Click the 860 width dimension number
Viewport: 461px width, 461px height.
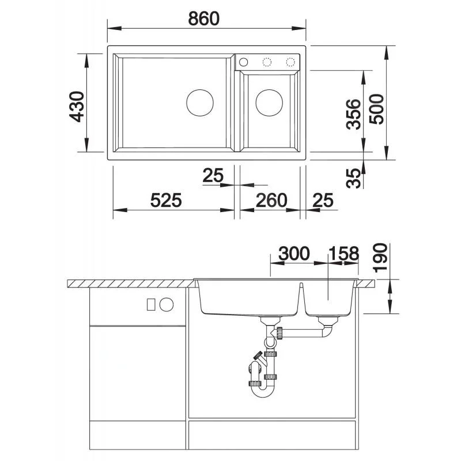point(204,18)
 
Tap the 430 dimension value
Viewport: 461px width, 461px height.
point(77,107)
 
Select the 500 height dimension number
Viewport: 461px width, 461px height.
point(377,109)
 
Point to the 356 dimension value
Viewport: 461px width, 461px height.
point(353,114)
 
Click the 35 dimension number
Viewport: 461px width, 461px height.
point(353,178)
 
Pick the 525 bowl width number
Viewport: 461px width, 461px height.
point(166,200)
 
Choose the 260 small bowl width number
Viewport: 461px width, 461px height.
point(271,200)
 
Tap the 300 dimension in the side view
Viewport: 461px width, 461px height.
point(294,254)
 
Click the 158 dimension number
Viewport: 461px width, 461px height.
point(343,254)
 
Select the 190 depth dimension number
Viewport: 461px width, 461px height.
point(380,258)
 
